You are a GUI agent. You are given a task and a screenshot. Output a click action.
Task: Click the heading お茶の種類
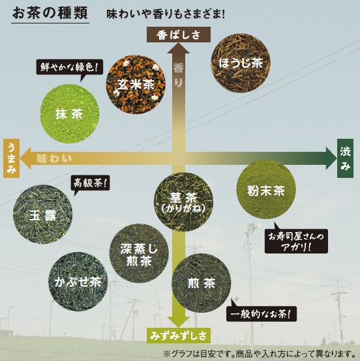[x=50, y=12]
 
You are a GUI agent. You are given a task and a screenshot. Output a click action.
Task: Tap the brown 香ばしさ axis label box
[x=179, y=35]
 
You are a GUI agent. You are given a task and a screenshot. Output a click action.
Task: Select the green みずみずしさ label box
[x=179, y=336]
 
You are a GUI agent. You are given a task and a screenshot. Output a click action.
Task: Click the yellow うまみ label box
[x=11, y=158]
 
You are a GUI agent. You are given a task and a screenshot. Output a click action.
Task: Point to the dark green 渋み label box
[x=345, y=158]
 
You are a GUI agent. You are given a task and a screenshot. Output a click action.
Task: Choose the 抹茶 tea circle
[x=70, y=114]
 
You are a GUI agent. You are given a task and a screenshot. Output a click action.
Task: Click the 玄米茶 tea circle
[x=136, y=85]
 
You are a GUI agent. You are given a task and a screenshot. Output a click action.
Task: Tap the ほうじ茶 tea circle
[x=241, y=63]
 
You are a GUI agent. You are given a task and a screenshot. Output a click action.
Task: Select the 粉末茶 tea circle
[x=266, y=190]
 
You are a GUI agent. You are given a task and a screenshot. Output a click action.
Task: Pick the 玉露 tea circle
[x=42, y=214]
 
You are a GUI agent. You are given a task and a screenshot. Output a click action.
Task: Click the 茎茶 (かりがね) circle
[x=183, y=202]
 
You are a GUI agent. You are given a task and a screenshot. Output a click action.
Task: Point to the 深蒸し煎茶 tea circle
[x=139, y=253]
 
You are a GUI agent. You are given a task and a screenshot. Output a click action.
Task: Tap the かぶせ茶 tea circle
[x=78, y=282]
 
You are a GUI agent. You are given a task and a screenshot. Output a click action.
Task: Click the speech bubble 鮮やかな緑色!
[x=70, y=67]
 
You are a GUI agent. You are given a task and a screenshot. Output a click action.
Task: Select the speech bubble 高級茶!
[x=91, y=183]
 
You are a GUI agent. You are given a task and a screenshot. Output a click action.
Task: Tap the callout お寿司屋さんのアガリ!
[x=296, y=241]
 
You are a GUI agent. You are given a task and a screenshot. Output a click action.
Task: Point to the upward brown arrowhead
[x=179, y=48]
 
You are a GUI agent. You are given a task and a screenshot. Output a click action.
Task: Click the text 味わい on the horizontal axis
[x=54, y=158]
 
